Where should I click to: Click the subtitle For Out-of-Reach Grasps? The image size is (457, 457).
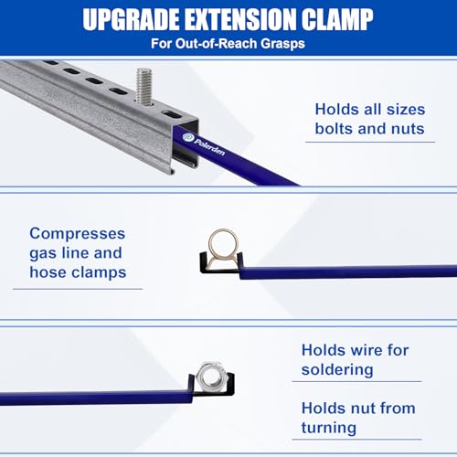pyautogui.click(x=228, y=42)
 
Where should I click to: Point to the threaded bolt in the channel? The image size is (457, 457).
pyautogui.click(x=144, y=85)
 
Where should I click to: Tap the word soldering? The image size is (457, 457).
pyautogui.click(x=337, y=369)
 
